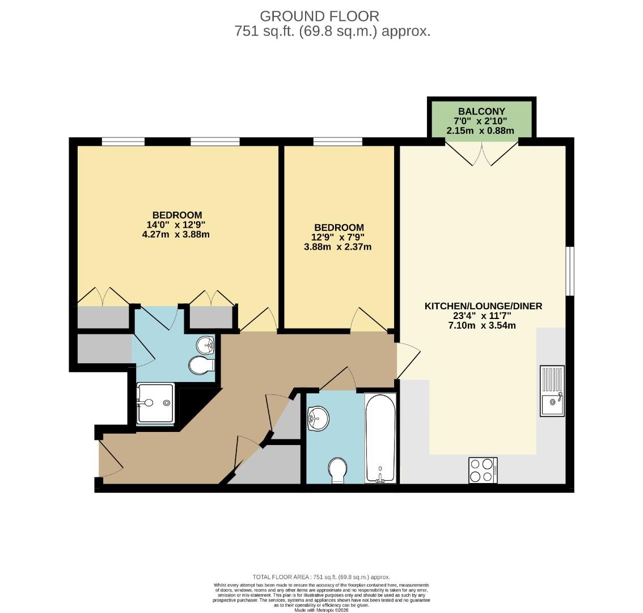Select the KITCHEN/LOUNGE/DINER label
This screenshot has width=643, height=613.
pos(483,306)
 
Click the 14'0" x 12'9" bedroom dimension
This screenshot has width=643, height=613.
pos(177,225)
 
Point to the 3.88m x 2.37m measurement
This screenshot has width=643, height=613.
pos(337,247)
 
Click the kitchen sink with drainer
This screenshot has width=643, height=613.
pos(552,391)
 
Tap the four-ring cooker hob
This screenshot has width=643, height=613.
pos(483,470)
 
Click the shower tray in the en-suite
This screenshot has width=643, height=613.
pos(155,403)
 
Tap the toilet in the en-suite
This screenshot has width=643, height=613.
pos(201,365)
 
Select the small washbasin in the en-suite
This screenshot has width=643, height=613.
pos(206,345)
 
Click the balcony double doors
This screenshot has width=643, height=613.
pos(481,153)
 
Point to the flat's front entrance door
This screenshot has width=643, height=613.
pos(111,459)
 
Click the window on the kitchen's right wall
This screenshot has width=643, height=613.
pos(569,271)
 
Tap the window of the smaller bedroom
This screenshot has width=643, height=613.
pos(337,141)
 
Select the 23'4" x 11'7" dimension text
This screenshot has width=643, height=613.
pos(483,316)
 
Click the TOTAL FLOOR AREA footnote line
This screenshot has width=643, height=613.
pos(321,577)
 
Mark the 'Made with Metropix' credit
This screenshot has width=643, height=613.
pos(321,610)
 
